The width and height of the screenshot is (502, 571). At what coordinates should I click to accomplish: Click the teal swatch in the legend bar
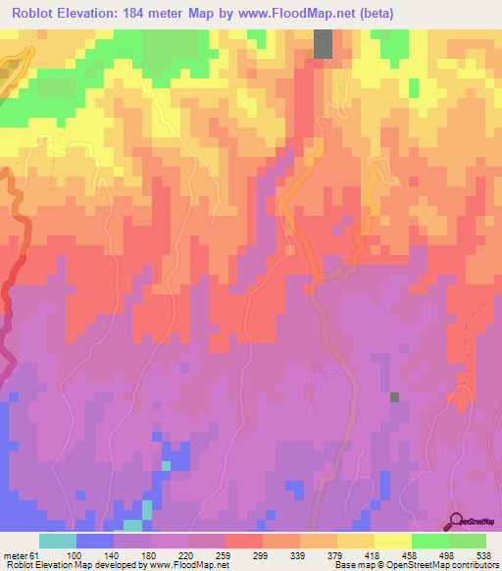tap(58, 541)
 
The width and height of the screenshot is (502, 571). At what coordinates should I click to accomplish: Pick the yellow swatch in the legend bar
tap(393, 541)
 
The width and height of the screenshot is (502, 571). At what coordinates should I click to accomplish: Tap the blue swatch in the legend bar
tap(95, 541)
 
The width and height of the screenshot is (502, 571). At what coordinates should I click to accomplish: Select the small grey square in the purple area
tap(395, 397)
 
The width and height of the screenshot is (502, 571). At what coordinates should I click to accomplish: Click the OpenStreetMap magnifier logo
tap(457, 520)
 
